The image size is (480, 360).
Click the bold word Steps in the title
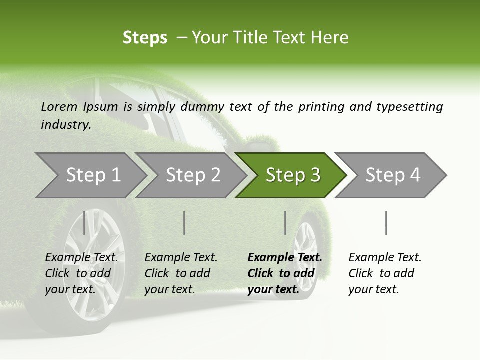tap(145, 37)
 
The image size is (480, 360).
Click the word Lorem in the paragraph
tap(59, 106)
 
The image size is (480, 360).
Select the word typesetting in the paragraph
tap(409, 106)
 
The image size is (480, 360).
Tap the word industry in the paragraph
tap(66, 124)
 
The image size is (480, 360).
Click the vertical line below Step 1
tap(84, 223)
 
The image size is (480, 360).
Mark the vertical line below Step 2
tap(184, 223)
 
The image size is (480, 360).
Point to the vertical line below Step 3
tap(285, 223)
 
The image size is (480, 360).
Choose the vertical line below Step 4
tap(386, 223)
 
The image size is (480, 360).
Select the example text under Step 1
tap(81, 273)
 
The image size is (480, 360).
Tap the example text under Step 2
tap(181, 273)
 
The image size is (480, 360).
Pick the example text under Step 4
tap(385, 273)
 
